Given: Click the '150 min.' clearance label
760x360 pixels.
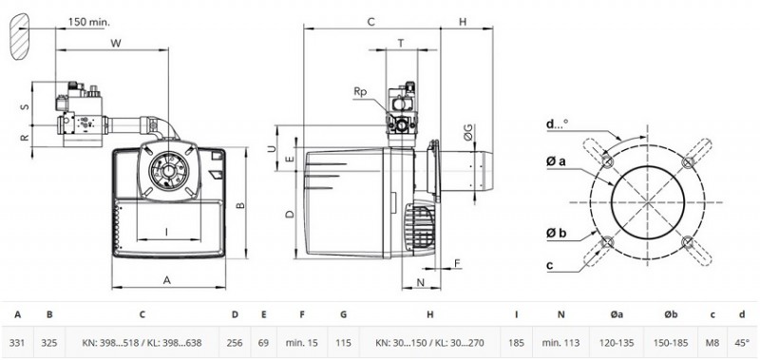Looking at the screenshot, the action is [x=88, y=21].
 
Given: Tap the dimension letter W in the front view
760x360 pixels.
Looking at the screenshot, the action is [x=115, y=43].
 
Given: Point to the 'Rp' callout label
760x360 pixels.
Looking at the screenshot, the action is [x=360, y=92].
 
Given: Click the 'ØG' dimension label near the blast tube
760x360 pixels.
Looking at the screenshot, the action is [x=467, y=131].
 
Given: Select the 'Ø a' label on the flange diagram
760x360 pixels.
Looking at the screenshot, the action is [x=556, y=161].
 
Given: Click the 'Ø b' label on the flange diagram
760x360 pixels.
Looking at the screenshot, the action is [x=556, y=234].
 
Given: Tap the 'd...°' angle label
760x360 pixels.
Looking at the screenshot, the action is [x=557, y=124].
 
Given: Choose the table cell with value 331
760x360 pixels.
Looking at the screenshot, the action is [x=17, y=343].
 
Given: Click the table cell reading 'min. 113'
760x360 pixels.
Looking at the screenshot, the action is [x=560, y=343].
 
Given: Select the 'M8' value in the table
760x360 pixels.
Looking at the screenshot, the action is [x=712, y=343].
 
